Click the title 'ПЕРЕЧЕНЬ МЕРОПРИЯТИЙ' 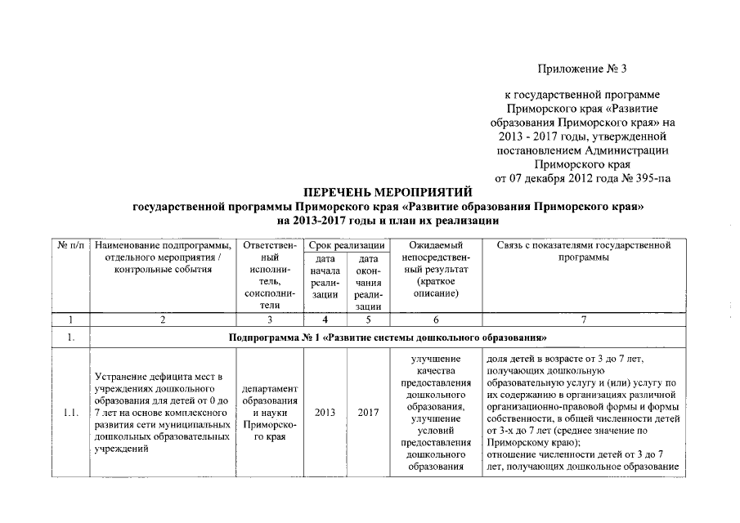click(388, 192)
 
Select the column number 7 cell click(583, 320)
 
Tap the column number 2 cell click(163, 320)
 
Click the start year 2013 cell click(325, 412)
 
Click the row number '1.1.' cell click(71, 412)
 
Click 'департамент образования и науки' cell click(269, 412)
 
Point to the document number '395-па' click(654, 177)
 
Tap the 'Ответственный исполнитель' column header click(269, 275)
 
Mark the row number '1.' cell click(71, 337)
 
